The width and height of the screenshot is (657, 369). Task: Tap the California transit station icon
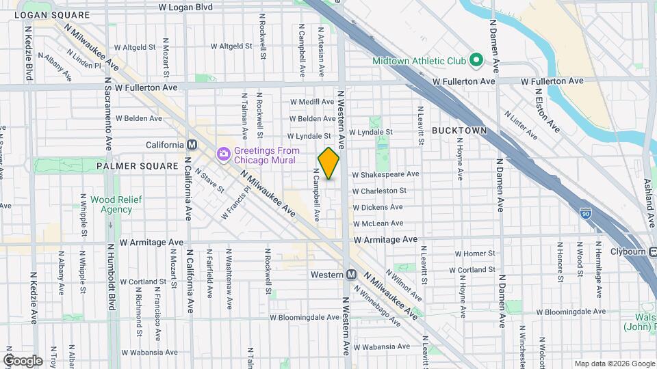(192, 145)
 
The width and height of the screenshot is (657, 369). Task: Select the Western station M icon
(351, 274)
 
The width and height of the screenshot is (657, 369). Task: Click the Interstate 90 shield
(584, 215)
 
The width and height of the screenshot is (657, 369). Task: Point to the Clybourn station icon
(654, 251)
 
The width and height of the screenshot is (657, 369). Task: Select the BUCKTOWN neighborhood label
(459, 130)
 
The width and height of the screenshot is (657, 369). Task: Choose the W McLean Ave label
(378, 223)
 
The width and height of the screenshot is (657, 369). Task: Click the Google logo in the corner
(23, 360)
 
